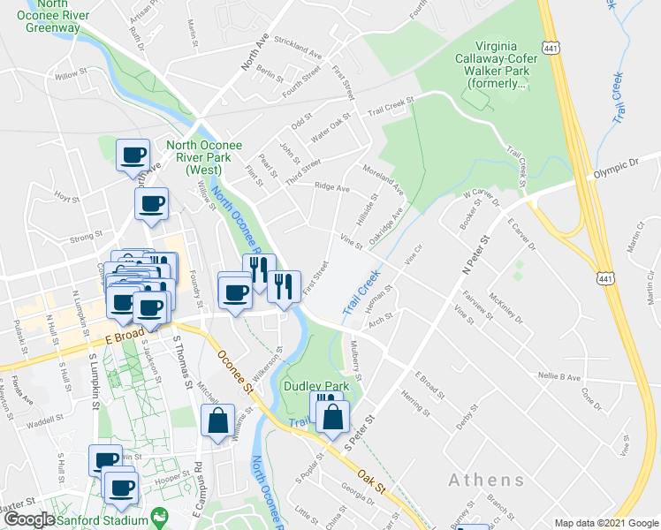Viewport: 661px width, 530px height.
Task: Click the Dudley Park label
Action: tap(310, 387)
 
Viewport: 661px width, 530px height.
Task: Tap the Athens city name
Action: tap(486, 481)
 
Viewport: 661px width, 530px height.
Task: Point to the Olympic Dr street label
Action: tap(616, 168)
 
